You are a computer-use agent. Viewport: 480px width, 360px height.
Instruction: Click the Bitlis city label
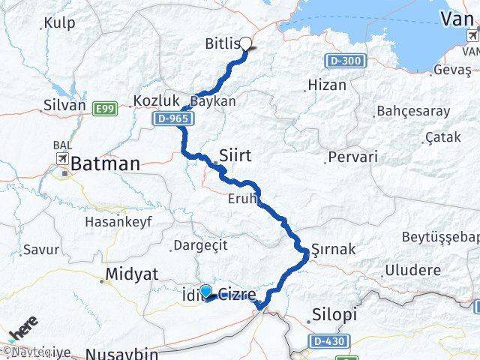[x=222, y=44]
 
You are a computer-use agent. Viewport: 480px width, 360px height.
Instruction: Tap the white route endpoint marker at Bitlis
[x=244, y=43]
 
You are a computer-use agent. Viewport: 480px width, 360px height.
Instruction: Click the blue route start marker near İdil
[x=205, y=291]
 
